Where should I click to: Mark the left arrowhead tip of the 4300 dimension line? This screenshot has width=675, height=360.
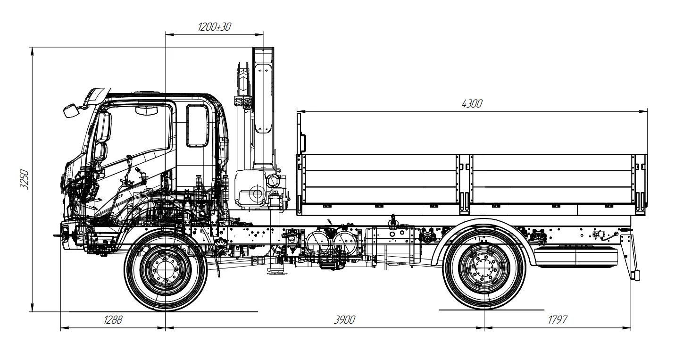point(297,111)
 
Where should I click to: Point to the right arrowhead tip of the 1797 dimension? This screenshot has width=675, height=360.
point(631,328)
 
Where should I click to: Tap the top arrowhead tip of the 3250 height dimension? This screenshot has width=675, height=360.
point(32,47)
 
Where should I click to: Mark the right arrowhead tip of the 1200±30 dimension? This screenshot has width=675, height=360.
point(263,34)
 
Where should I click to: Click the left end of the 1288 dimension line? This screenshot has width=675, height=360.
point(60,328)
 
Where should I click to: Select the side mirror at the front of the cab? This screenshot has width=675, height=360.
point(70,110)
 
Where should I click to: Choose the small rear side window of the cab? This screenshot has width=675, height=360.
point(197,126)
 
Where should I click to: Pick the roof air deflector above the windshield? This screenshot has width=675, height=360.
point(97,96)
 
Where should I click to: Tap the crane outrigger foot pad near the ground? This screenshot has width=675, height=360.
point(275,273)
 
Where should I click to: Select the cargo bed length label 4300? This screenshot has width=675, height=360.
point(472,104)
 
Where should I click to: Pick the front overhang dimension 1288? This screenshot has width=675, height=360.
point(113,319)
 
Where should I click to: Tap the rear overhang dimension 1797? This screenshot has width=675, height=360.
point(558,319)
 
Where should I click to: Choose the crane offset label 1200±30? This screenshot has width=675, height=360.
point(215,27)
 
